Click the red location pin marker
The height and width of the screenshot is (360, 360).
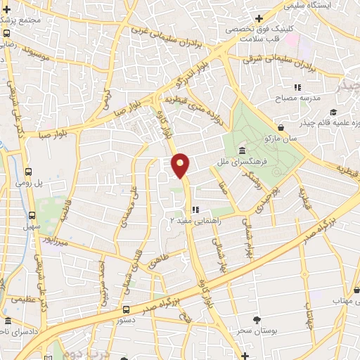tap(181, 165)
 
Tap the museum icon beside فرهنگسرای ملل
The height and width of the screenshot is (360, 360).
tap(242, 151)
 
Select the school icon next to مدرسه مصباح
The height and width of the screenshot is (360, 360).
tap(298, 87)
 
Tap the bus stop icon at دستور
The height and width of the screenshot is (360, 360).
tap(126, 309)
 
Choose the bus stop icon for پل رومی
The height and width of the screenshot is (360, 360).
tap(29, 172)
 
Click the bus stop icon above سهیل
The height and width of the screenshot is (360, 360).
tap(32, 215)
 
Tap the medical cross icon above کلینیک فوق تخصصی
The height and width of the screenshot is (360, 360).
tap(259, 18)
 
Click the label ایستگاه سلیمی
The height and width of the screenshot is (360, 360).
tap(309, 5)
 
